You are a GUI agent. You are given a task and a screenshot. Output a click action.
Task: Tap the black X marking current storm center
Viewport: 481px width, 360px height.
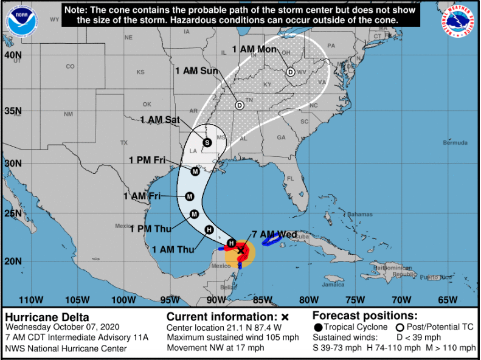point(241,250)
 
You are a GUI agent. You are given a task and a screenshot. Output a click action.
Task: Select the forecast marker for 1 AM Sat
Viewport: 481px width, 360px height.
point(207,143)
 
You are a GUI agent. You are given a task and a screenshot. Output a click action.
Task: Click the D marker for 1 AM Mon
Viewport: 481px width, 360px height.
point(291,72)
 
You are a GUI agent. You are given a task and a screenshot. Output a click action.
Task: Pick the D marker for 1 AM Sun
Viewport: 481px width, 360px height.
point(240,105)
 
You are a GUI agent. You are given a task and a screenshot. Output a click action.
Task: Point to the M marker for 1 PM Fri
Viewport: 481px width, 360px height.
point(195,171)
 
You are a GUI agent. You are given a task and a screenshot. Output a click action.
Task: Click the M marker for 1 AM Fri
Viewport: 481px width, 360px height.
point(190,196)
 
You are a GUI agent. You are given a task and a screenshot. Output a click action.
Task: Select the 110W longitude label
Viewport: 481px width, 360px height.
point(31,299)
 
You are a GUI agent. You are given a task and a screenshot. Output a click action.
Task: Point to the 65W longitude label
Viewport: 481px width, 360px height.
point(448,299)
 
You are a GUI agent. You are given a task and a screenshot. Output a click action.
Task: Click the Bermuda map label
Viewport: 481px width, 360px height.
point(455,142)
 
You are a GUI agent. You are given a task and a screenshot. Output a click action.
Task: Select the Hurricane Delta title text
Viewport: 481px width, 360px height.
point(47,317)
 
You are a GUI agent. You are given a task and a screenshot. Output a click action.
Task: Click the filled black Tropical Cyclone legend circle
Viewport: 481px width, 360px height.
point(319,327)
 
